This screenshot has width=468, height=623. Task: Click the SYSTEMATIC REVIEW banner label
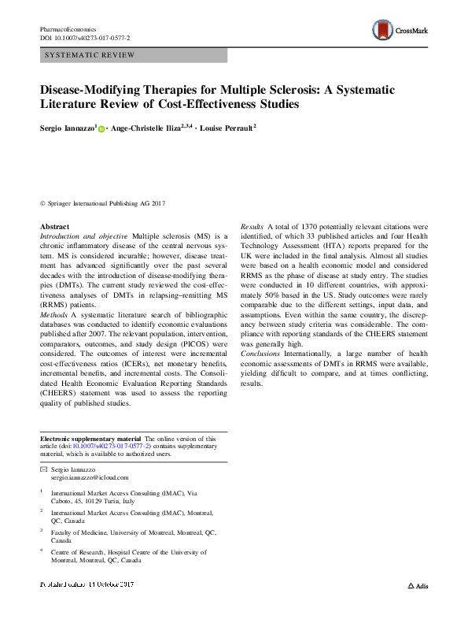[90, 55]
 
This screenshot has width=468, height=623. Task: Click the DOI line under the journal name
[85, 38]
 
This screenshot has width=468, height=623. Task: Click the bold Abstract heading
[54, 227]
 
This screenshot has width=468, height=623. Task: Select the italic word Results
[252, 227]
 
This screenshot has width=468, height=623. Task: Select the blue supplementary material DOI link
[114, 446]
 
